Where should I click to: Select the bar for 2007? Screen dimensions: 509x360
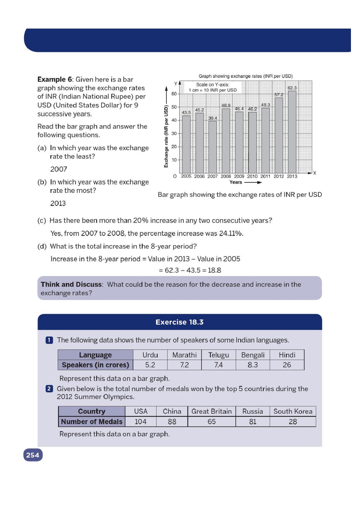coord(213,147)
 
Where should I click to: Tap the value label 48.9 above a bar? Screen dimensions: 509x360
coord(226,105)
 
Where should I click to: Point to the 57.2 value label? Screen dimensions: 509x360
coord(279,95)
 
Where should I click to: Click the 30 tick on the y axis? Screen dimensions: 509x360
coord(174,133)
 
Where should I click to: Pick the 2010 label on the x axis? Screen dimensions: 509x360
coord(252,176)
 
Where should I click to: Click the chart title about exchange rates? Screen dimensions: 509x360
coord(245,76)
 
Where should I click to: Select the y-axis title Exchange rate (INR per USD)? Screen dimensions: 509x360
coord(166,136)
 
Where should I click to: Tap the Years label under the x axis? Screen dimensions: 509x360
coord(236,182)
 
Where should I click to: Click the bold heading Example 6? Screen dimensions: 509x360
coord(55,79)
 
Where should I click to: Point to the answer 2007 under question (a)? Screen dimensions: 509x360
coord(59,169)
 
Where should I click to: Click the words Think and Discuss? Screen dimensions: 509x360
coord(71,284)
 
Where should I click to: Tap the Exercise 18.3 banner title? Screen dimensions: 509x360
coord(179,322)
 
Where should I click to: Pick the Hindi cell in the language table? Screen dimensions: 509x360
coord(287,355)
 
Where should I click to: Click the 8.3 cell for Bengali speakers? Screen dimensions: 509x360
coord(252,365)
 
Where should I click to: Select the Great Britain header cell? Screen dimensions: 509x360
coord(211,411)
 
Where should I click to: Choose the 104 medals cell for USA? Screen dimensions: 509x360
coord(140,422)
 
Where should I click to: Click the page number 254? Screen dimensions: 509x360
coord(33,455)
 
